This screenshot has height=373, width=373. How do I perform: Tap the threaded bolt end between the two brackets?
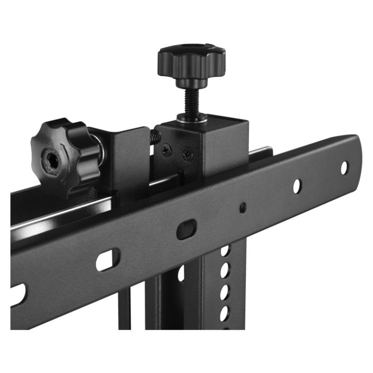pyautogui.click(x=155, y=137)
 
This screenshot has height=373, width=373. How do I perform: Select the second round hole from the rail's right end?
pyautogui.click(x=297, y=186)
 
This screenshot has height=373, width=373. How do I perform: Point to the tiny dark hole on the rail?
pyautogui.click(x=242, y=207)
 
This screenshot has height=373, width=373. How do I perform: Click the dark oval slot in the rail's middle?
pyautogui.click(x=186, y=229)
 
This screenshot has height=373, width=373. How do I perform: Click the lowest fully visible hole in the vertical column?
pyautogui.click(x=224, y=311)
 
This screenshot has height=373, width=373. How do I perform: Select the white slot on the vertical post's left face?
pyautogui.click(x=181, y=275)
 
